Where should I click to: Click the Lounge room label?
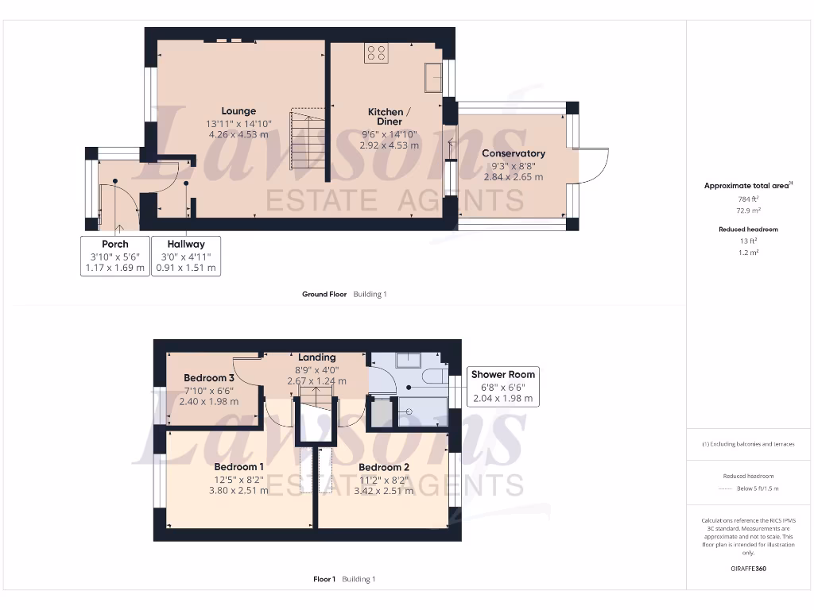click(238, 111)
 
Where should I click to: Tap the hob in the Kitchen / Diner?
click(377, 53)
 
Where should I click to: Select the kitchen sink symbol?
click(433, 79)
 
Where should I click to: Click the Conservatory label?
click(514, 153)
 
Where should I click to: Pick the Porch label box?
click(115, 256)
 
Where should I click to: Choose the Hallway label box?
click(186, 256)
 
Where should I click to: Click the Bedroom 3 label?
click(209, 378)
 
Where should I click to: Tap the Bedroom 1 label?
click(240, 466)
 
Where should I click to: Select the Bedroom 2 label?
click(384, 467)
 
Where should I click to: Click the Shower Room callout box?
click(503, 386)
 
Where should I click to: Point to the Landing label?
click(316, 357)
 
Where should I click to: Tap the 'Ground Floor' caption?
click(324, 295)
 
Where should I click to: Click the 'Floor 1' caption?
click(324, 579)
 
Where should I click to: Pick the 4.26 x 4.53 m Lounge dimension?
click(238, 135)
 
